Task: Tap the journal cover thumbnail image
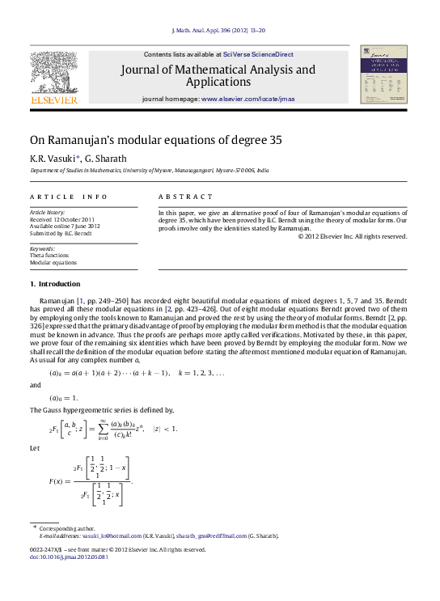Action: [383, 74]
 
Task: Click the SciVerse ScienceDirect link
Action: [259, 54]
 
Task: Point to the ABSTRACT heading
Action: [180, 197]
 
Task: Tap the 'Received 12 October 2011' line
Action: [62, 219]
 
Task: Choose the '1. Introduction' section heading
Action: [55, 284]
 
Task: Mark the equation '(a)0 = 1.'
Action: [65, 398]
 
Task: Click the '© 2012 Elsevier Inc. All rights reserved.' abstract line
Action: [352, 236]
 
